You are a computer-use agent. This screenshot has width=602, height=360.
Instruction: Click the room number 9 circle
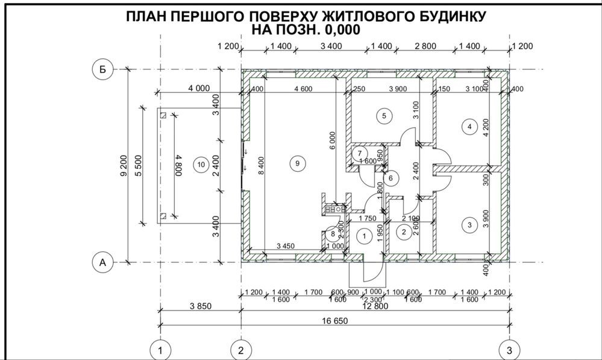point(295,163)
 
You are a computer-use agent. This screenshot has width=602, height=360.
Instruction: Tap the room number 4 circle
point(469,126)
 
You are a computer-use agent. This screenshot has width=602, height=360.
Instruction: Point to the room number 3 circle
point(469,225)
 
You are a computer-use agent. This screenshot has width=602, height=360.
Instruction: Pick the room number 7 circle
point(358,153)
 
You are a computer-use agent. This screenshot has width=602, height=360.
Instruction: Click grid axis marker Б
point(102,69)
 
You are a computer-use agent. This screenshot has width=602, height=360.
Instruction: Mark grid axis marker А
point(102,262)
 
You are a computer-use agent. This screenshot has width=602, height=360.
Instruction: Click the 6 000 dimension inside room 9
point(332,140)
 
